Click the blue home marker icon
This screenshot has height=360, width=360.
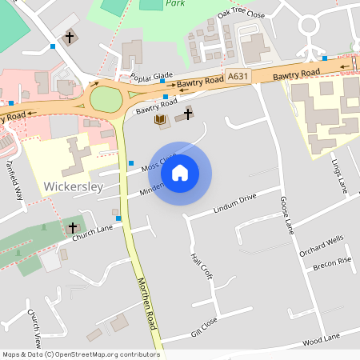[x=180, y=173]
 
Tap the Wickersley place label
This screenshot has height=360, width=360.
[x=74, y=187]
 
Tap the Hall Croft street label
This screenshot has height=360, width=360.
[x=201, y=266]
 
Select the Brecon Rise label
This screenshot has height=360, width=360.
[x=331, y=264]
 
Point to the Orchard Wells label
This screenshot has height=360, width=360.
[x=322, y=244]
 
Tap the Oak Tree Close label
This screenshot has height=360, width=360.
[x=241, y=14]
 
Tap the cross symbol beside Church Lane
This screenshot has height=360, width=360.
[x=73, y=228]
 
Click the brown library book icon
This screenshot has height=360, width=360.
[x=160, y=120]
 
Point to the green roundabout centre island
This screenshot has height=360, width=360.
[x=104, y=100]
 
